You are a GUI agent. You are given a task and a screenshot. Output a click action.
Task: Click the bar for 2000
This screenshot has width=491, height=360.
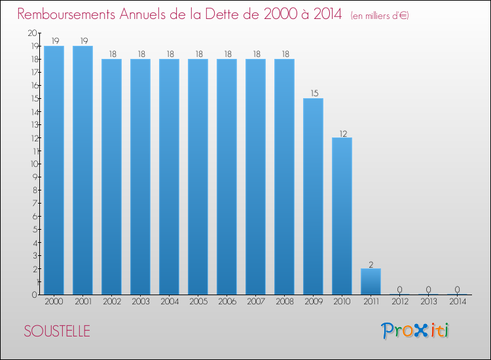point(54,170)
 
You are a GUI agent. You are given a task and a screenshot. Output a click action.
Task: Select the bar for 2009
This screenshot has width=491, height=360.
point(313,196)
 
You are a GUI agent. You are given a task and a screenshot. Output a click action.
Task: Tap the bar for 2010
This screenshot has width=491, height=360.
point(342,216)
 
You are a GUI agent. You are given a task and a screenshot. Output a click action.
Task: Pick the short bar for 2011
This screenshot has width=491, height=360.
point(371,281)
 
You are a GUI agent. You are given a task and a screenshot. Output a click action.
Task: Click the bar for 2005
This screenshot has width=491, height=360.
point(198,177)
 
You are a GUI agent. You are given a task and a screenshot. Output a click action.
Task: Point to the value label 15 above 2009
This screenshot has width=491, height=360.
point(314,94)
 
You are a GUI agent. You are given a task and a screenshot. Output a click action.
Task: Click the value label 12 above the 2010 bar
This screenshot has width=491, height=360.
point(343,134)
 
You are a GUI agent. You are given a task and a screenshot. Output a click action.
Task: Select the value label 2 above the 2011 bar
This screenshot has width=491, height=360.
point(371,265)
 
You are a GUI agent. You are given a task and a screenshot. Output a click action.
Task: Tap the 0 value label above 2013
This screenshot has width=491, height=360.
point(428,289)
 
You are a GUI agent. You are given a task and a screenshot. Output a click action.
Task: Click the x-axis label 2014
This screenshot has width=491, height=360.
point(458,302)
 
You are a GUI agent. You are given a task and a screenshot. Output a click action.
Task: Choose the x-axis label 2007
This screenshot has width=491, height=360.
point(256,302)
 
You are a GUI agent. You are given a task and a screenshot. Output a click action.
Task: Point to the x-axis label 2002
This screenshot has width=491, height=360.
point(112,302)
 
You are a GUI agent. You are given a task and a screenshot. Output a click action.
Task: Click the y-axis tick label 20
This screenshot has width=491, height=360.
point(32,33)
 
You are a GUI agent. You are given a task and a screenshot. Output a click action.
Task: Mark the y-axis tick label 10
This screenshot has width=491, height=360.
point(34,164)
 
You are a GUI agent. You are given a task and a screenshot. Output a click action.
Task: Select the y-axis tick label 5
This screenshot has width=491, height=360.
point(35,230)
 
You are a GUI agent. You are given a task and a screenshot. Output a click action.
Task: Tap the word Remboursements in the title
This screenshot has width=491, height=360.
point(66,14)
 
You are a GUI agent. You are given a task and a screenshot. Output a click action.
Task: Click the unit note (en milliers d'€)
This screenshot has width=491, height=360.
point(380,16)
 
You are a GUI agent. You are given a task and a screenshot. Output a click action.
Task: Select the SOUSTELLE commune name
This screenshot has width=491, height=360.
point(57,331)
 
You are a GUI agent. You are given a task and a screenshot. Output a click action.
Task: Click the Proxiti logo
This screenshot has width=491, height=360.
point(414,331)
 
